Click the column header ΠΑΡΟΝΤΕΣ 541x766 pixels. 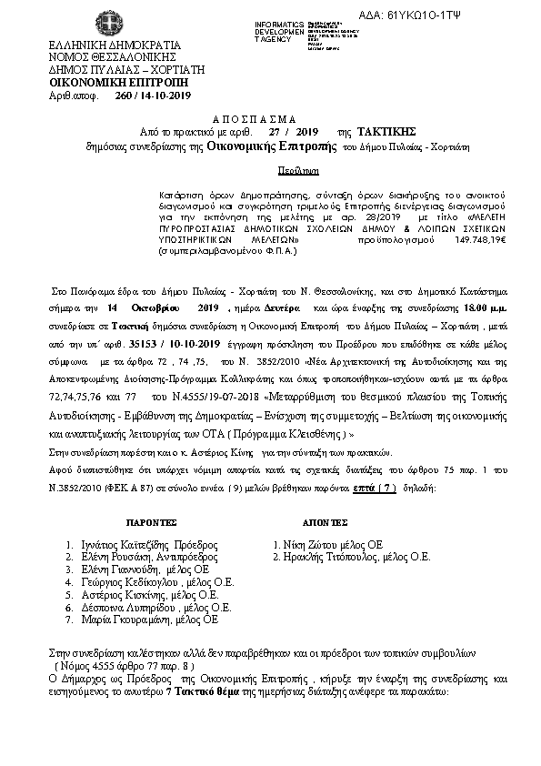click(135, 524)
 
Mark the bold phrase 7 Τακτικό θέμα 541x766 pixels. click(201, 691)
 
